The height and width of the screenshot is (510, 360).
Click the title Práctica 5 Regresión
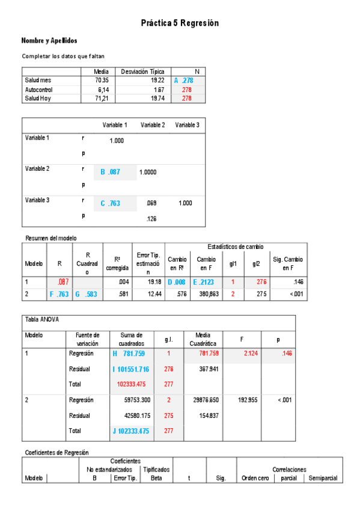point(180,23)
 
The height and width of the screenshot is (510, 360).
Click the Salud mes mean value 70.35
point(102,80)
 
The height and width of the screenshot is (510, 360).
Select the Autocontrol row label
point(34,89)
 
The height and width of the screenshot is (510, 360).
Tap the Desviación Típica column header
point(142,71)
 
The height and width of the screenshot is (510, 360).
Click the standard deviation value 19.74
point(157,98)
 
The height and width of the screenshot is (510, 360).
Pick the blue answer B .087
point(111,172)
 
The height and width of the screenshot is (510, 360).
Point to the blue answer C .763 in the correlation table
point(111,203)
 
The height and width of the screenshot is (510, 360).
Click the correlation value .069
point(151,203)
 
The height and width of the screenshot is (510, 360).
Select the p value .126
point(151,219)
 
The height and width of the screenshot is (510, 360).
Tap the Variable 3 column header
point(187,125)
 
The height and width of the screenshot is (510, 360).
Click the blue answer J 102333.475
point(130,431)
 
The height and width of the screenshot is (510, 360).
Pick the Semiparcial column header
point(323,478)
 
